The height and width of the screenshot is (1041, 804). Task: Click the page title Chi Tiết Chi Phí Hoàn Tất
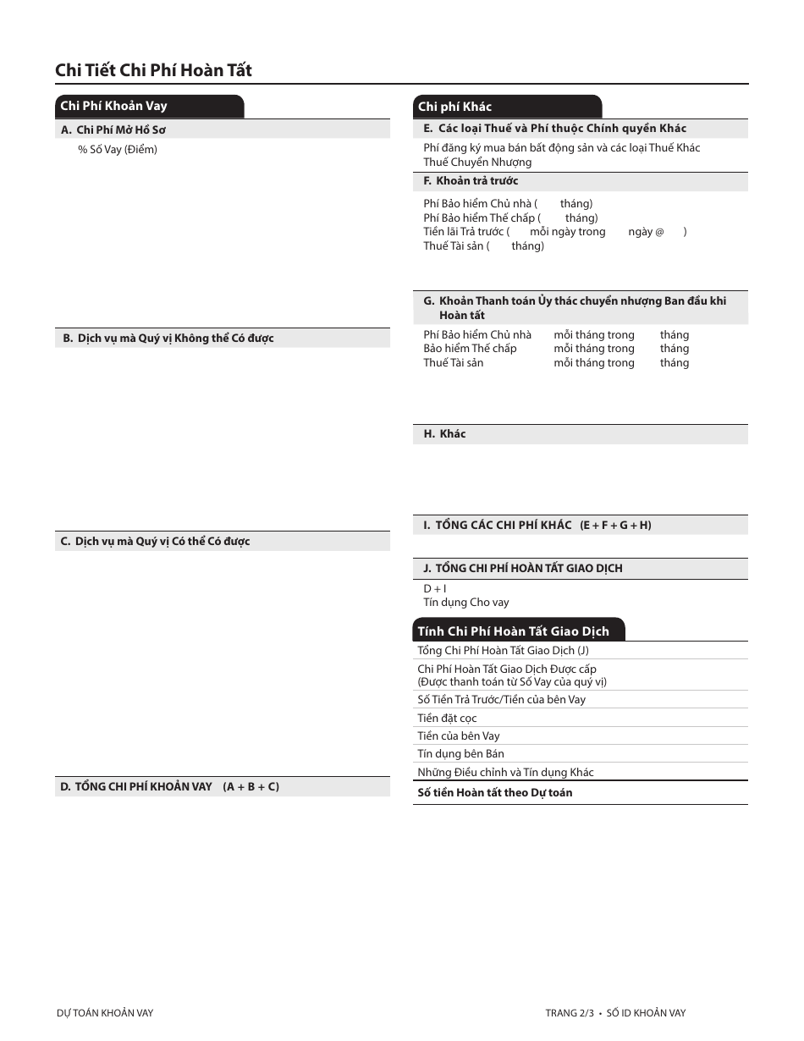pyautogui.click(x=153, y=70)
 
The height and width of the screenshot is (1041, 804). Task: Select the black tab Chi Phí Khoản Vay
pyautogui.click(x=114, y=106)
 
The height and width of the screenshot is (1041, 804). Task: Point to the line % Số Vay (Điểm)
pyautogui.click(x=118, y=150)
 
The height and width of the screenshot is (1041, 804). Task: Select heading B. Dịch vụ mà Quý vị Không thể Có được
pyautogui.click(x=168, y=339)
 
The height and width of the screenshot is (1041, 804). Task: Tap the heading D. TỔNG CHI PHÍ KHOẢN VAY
pyautogui.click(x=169, y=787)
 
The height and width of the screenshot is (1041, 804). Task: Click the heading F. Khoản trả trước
pyautogui.click(x=471, y=181)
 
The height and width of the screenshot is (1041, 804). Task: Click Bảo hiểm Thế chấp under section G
pyautogui.click(x=470, y=349)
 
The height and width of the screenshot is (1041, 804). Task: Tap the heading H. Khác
pyautogui.click(x=444, y=434)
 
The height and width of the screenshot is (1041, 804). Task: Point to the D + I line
pyautogui.click(x=435, y=588)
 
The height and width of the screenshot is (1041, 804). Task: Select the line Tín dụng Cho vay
pyautogui.click(x=466, y=603)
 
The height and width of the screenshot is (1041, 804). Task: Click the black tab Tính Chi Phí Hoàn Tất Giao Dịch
pyautogui.click(x=513, y=631)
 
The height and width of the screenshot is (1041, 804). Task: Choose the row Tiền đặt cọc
pyautogui.click(x=447, y=719)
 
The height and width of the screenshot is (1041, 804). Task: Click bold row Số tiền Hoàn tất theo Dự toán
pyautogui.click(x=494, y=793)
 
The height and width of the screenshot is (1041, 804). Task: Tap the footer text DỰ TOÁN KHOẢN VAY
pyautogui.click(x=105, y=1013)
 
